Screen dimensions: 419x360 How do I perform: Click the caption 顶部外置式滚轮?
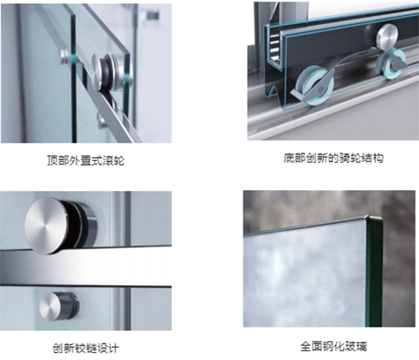click(85, 160)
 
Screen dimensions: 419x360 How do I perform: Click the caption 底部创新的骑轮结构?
click(334, 158)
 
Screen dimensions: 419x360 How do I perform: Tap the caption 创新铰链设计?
click(85, 348)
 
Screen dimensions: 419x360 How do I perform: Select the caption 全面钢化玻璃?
click(334, 346)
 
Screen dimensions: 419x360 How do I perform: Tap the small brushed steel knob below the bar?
click(51, 307)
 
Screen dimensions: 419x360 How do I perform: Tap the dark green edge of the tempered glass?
click(375, 271)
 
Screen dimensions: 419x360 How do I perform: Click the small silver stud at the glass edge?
click(65, 56)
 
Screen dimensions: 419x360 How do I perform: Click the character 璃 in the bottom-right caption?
click(362, 346)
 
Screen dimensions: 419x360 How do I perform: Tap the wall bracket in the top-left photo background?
click(152, 14)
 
